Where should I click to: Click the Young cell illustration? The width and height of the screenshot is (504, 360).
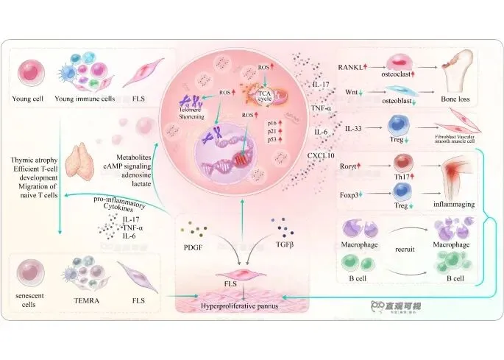tap(32, 74)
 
